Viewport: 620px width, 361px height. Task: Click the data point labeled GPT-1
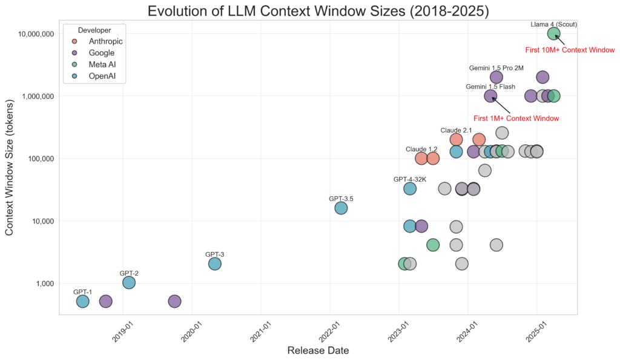(x=83, y=301)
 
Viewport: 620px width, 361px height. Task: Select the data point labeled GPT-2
(x=129, y=282)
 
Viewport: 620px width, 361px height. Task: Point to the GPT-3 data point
(x=214, y=263)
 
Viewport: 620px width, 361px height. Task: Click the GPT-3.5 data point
(x=341, y=208)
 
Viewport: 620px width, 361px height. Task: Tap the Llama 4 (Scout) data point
(x=553, y=33)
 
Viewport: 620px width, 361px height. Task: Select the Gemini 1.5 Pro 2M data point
(x=496, y=77)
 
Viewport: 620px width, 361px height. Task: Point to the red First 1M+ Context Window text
(x=516, y=118)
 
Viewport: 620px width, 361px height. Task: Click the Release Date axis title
(x=317, y=350)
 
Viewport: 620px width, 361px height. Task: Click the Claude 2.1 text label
(x=456, y=130)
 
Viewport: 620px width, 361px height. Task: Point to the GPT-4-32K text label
(x=411, y=179)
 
